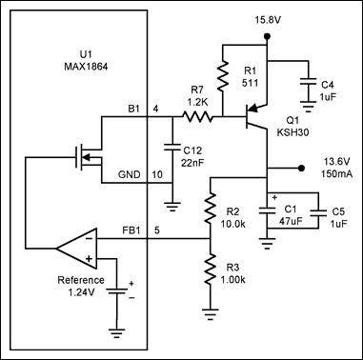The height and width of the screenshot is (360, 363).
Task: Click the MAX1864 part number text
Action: [86, 67]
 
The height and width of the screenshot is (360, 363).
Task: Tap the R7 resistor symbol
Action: [197, 116]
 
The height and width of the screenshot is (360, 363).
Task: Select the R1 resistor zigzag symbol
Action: [223, 75]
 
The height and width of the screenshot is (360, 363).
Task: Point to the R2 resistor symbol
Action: [211, 208]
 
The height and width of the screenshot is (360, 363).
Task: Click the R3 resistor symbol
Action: [211, 270]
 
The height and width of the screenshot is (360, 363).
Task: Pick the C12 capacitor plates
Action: [172, 147]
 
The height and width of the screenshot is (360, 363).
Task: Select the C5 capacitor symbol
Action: [318, 212]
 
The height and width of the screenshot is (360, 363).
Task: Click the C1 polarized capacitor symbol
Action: [267, 210]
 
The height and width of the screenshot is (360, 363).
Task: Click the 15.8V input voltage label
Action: [268, 20]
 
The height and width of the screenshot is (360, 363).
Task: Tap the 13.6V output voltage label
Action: [336, 162]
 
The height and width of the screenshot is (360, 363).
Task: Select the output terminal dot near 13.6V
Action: [301, 168]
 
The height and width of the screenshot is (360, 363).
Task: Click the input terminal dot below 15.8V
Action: [267, 36]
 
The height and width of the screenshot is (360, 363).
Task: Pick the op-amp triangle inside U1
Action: [76, 248]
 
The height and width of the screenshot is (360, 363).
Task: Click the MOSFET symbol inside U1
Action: [89, 156]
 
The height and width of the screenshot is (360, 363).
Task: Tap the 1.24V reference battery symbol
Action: [116, 290]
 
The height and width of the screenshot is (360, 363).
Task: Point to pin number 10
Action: [157, 174]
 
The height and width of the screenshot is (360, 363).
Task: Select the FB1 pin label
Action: [131, 230]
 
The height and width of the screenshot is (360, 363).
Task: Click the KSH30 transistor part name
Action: [292, 132]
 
